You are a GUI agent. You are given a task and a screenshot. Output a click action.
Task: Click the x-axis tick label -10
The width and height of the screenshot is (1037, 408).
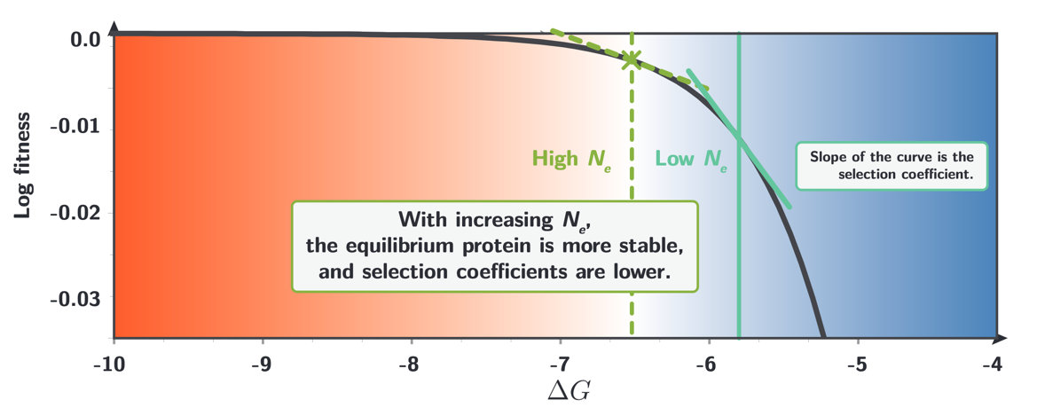point(113,364)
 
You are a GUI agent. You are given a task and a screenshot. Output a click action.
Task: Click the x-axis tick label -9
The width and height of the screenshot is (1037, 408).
point(261,364)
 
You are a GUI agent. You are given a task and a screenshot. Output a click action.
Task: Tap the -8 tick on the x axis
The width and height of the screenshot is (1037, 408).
point(408,364)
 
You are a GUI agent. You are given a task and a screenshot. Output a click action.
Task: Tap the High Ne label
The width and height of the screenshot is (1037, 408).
point(571,160)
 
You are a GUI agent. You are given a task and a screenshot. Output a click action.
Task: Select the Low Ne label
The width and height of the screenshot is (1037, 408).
point(690,160)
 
